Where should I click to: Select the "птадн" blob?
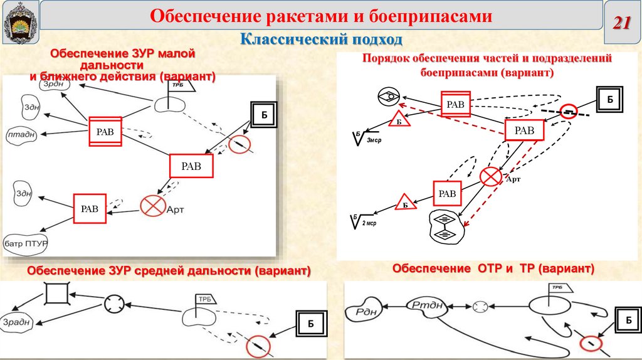point(21,134)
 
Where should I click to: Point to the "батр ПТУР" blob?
point(26,242)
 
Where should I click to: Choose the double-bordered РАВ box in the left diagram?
point(105,131)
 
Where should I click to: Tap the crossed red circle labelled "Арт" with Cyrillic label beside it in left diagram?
point(150,206)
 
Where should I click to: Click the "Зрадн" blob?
point(17,323)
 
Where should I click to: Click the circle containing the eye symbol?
point(389,97)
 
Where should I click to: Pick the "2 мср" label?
point(369,223)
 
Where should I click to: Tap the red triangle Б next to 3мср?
point(399,121)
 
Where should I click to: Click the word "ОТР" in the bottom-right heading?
point(484,268)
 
